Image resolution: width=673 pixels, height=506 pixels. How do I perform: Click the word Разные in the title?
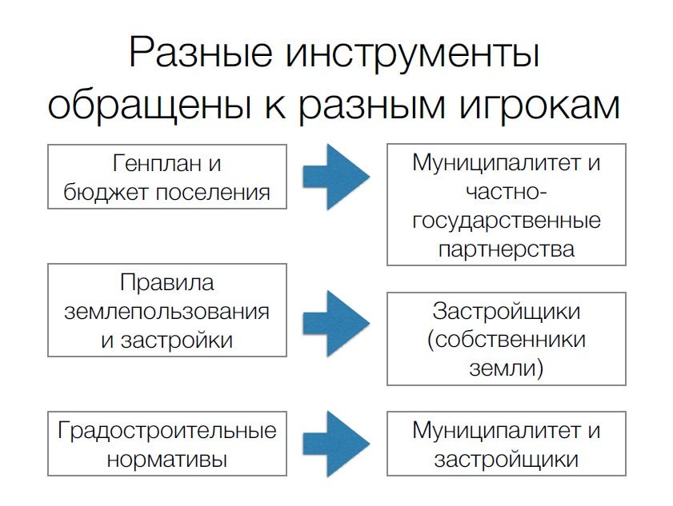[200, 53]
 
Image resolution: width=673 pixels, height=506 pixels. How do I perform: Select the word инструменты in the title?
[413, 54]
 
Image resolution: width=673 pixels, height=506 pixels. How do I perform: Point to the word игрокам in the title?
[540, 107]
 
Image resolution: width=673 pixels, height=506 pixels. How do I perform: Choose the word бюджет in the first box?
[106, 193]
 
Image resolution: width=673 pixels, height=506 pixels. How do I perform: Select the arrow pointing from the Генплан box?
[336, 177]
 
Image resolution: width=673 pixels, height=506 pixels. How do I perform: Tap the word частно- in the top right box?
[507, 193]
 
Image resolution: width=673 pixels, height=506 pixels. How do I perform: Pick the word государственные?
[507, 221]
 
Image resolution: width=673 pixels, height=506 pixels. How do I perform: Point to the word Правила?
[167, 283]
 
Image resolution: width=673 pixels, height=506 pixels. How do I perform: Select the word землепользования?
[167, 312]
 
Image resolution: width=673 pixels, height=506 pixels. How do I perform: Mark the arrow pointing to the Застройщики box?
[336, 324]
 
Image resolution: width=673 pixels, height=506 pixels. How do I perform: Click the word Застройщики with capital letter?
[507, 312]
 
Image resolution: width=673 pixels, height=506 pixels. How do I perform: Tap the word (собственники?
[507, 341]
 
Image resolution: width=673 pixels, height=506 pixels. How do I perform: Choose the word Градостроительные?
[167, 431]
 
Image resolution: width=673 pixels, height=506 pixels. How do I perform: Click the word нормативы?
[167, 460]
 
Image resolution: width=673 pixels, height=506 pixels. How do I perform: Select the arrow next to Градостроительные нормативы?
[336, 444]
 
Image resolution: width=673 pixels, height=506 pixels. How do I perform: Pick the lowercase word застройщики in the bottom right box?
[507, 460]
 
